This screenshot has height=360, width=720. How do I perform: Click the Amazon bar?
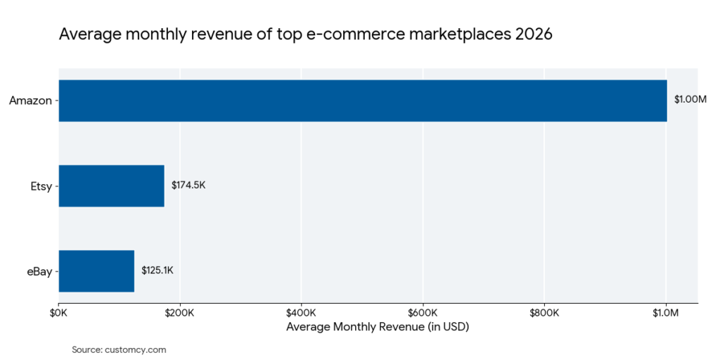[362, 101]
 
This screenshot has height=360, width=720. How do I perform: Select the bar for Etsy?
[111, 186]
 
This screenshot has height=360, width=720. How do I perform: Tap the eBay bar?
[96, 271]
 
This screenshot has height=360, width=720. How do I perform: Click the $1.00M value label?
[690, 100]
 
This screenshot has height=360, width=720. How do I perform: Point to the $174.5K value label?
[188, 186]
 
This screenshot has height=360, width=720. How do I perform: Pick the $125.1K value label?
[157, 271]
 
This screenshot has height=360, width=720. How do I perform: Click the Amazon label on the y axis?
[30, 101]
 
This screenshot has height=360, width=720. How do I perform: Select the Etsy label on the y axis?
[41, 186]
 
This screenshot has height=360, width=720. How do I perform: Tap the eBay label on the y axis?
[39, 271]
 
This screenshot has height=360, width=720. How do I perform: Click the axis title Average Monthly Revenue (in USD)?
[378, 328]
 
